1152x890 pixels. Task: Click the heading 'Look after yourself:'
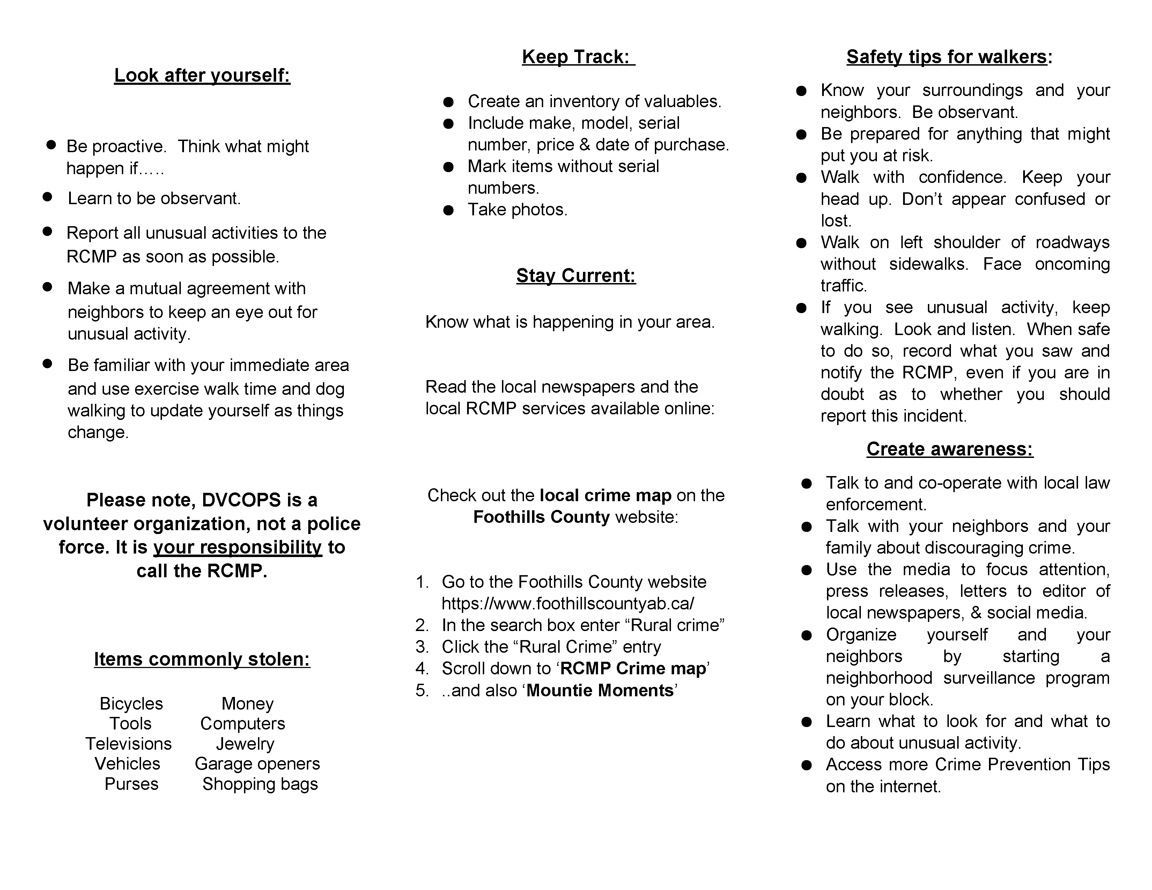(202, 75)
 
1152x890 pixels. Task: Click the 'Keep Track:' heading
(578, 57)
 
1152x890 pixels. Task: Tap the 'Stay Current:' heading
(576, 275)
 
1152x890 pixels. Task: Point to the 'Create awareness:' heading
(950, 449)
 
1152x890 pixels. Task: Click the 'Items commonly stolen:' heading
(202, 659)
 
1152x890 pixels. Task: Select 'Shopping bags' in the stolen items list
(260, 784)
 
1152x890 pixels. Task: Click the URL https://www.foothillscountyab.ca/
(568, 603)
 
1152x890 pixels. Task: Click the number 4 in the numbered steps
(421, 669)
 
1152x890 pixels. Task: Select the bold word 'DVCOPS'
(242, 500)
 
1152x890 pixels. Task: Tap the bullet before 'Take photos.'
(448, 210)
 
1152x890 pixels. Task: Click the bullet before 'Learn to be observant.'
(47, 197)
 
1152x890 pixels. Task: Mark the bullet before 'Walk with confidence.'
(801, 178)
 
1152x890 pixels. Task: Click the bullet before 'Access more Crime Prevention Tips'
(806, 765)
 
